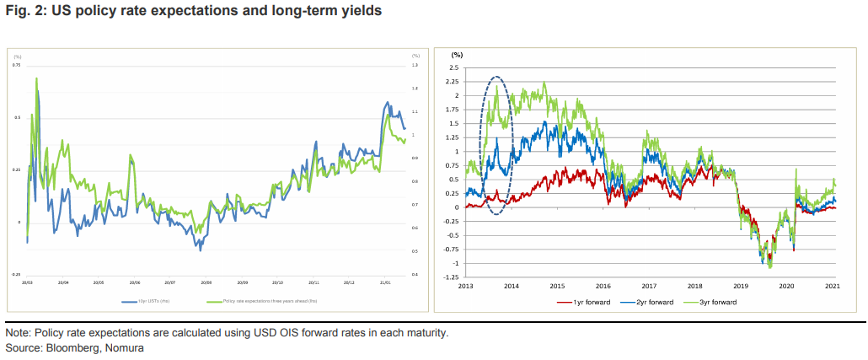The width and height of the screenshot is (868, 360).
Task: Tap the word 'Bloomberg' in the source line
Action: click(71, 347)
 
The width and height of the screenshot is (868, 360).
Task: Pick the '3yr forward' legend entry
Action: click(715, 301)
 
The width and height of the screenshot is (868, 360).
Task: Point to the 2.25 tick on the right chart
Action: click(453, 82)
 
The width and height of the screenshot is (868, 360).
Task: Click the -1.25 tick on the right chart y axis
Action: click(451, 277)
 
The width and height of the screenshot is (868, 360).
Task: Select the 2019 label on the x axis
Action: click(741, 286)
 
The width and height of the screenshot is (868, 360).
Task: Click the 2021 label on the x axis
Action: click(833, 286)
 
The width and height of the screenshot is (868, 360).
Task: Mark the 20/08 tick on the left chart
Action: click(206, 282)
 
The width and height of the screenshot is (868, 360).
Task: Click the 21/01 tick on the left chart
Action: click(383, 282)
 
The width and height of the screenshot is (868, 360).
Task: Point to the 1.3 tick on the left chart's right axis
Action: click(415, 65)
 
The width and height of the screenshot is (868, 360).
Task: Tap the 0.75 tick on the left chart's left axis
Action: click(16, 65)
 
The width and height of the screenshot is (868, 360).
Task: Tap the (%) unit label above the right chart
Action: click(458, 54)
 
